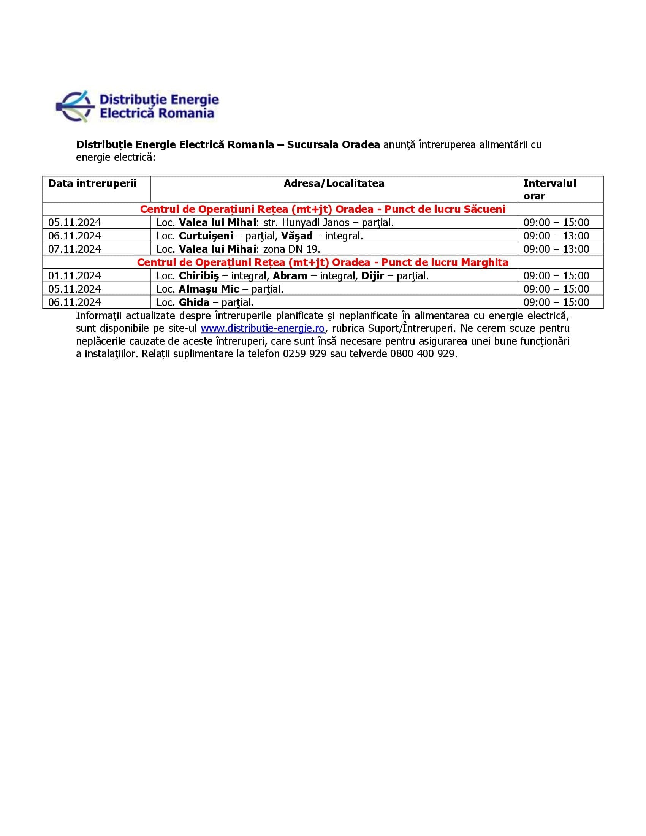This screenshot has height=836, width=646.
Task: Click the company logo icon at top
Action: [x=75, y=106]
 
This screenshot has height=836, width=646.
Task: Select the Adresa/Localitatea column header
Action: [x=334, y=184]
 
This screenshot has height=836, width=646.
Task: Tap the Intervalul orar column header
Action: [x=549, y=189]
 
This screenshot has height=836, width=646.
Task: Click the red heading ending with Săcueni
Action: [x=323, y=209]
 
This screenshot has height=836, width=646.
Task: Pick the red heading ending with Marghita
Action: [x=323, y=262]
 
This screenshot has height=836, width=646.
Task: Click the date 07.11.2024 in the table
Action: [x=74, y=249]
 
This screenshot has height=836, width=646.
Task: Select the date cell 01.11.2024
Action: [x=74, y=275]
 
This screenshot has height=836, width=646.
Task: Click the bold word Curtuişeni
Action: [x=206, y=236]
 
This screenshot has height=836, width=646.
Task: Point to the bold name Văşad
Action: [x=297, y=236]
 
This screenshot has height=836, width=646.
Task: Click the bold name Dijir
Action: [x=372, y=275]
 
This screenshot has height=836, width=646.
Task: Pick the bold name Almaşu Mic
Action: [x=209, y=289]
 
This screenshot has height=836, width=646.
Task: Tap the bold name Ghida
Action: [x=194, y=302]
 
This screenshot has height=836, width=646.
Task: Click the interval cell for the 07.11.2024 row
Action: [x=556, y=249]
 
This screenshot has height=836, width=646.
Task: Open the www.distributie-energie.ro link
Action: [x=263, y=328]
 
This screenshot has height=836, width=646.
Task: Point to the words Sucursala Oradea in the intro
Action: [x=333, y=145]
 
